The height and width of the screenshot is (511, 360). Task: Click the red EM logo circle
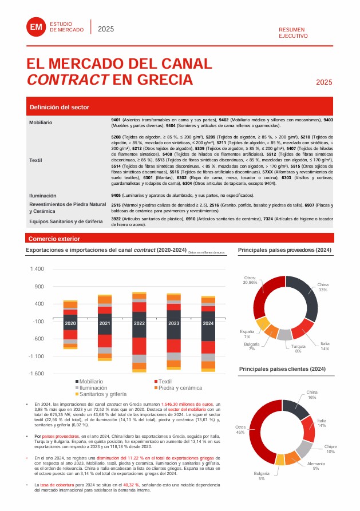coord(36,27)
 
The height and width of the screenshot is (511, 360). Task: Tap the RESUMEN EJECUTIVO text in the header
coord(292,32)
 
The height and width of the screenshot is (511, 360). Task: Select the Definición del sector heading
coord(60,107)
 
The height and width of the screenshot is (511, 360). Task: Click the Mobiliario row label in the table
coord(41,122)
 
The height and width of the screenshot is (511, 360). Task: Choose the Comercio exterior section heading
coord(54,239)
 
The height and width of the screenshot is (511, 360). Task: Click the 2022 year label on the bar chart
coord(139,323)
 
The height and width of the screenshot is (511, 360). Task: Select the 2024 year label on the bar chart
coord(208,323)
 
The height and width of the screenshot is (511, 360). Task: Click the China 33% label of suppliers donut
coord(323,287)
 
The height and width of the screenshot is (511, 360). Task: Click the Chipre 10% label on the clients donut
coord(330,449)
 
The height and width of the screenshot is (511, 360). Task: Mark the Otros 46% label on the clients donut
coord(240,430)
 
